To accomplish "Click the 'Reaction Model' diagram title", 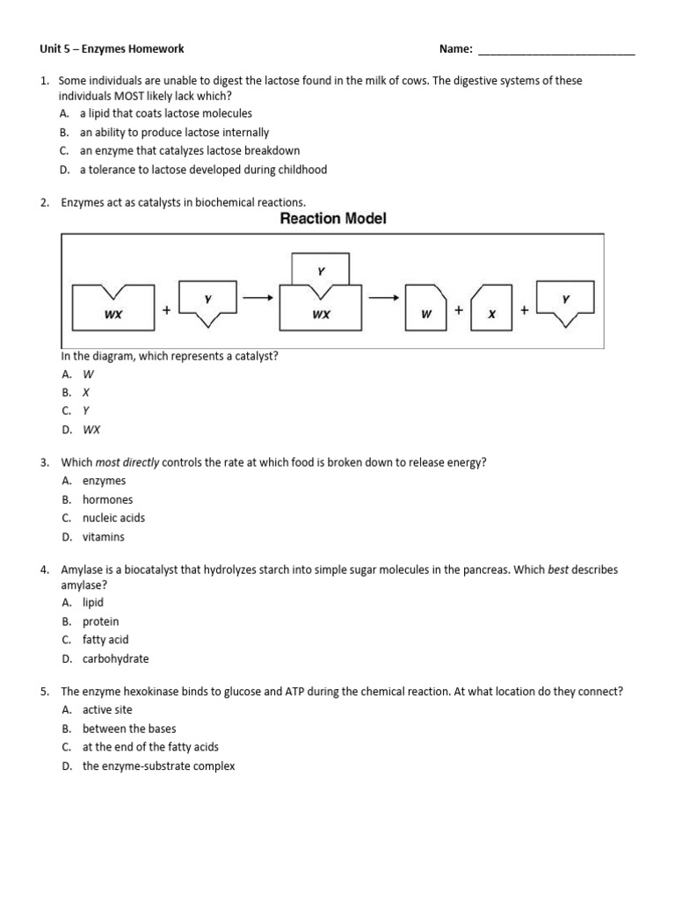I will [332, 219].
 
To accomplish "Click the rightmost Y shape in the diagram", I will [565, 304].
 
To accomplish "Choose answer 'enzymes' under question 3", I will [104, 481].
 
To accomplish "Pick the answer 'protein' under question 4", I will [100, 621].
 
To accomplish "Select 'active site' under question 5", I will [107, 709].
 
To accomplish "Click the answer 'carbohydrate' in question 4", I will [115, 658].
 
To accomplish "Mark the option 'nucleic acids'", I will [113, 518].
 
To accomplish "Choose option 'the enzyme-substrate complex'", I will [158, 766].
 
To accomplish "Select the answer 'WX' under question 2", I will [91, 430].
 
